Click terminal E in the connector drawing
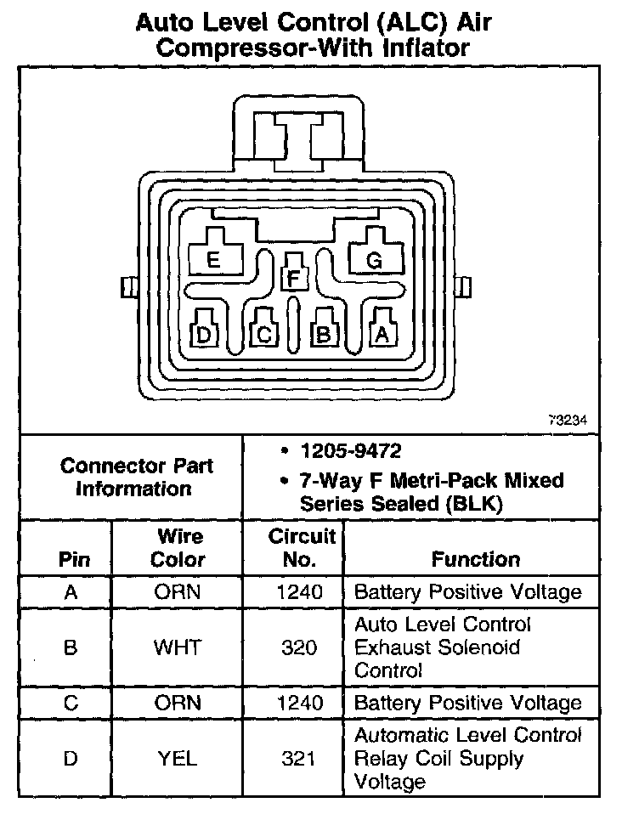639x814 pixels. [213, 259]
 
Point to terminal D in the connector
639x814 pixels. [204, 334]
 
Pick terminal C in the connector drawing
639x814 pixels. [264, 334]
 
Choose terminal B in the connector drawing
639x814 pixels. [323, 334]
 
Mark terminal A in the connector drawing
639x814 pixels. [382, 334]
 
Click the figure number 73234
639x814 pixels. [568, 419]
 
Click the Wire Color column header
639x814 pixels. [178, 548]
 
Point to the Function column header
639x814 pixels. [476, 559]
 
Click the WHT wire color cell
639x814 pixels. [178, 647]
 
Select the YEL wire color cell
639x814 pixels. [178, 759]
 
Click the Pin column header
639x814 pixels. [71, 560]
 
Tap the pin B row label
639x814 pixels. [71, 647]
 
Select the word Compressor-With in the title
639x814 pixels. [255, 48]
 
